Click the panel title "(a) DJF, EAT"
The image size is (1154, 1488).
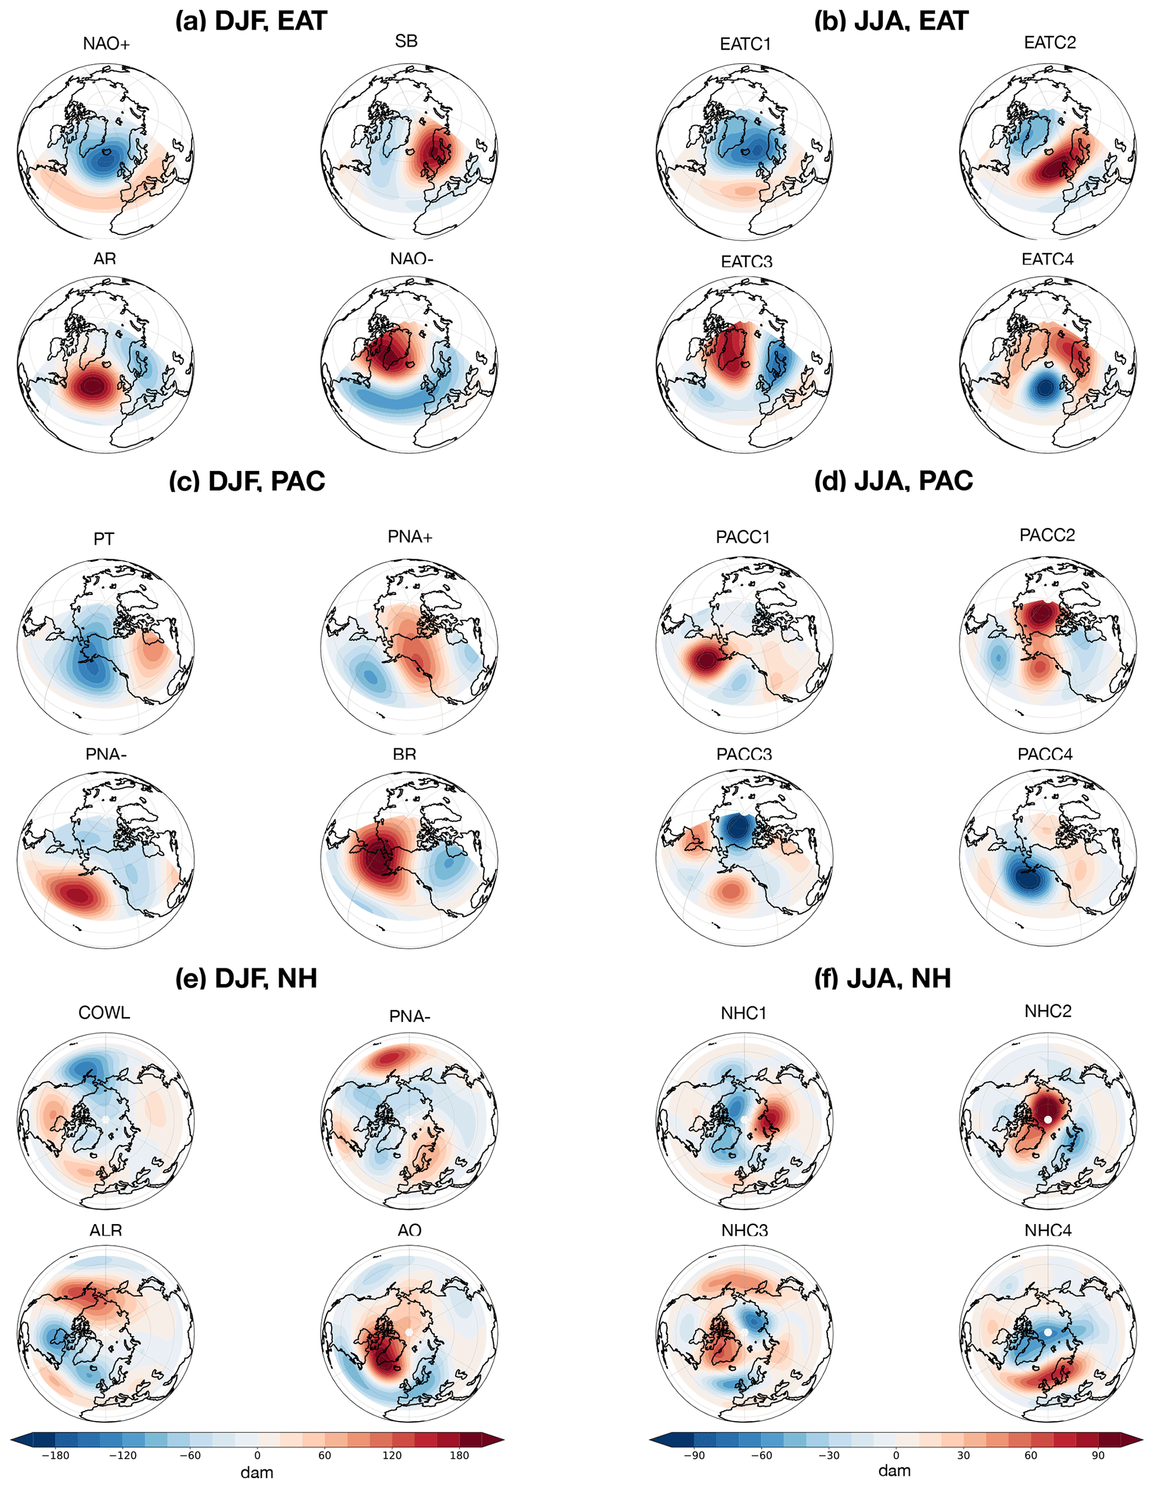click(x=251, y=21)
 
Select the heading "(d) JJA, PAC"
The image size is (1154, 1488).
click(x=893, y=481)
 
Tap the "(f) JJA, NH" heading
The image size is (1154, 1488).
click(x=882, y=978)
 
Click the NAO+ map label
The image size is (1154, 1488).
click(x=106, y=44)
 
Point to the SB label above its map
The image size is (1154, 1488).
click(x=406, y=41)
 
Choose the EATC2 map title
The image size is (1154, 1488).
click(x=1050, y=42)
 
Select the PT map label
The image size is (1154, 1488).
click(x=104, y=539)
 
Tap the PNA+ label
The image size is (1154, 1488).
click(x=410, y=537)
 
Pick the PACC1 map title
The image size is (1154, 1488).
click(x=743, y=537)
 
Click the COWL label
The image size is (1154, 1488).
click(x=104, y=1012)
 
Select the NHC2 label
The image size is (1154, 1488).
click(x=1048, y=1011)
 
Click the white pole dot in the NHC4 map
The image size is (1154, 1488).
click(x=1048, y=1331)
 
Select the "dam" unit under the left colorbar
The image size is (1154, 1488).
click(x=257, y=1473)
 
